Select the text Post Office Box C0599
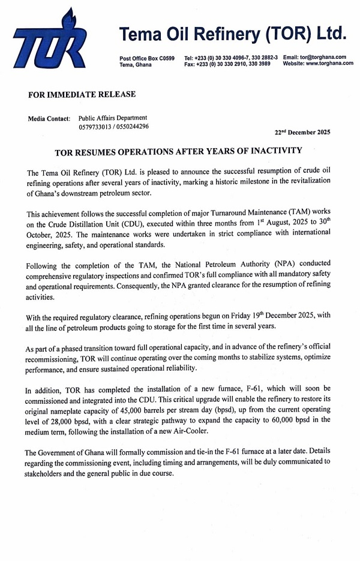(x=147, y=58)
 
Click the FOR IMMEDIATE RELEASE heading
(x=82, y=94)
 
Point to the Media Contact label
(x=49, y=119)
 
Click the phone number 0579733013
(x=95, y=127)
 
